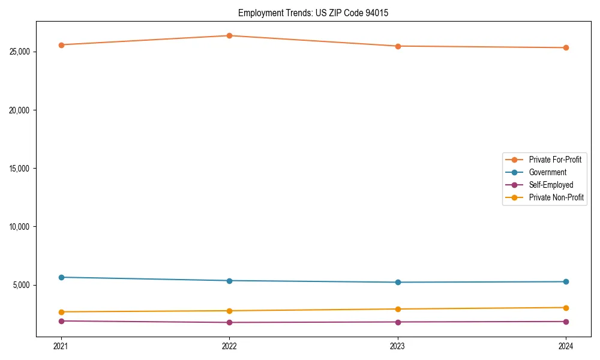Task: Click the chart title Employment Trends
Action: pos(313,13)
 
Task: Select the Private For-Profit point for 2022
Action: pos(229,35)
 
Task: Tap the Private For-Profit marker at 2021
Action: pos(61,45)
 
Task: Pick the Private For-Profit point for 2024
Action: pos(566,47)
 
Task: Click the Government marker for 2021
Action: pos(61,277)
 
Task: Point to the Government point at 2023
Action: pos(398,282)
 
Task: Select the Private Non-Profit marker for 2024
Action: pos(566,308)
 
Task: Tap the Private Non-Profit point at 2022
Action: pos(229,311)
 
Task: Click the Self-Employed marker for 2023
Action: pos(398,322)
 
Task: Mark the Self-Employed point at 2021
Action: pos(61,321)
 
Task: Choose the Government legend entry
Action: pos(547,172)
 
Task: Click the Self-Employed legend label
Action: pos(551,185)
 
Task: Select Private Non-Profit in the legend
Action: pos(556,197)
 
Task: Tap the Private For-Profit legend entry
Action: pos(555,160)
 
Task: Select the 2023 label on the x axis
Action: pos(398,346)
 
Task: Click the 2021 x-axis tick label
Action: pos(61,346)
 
